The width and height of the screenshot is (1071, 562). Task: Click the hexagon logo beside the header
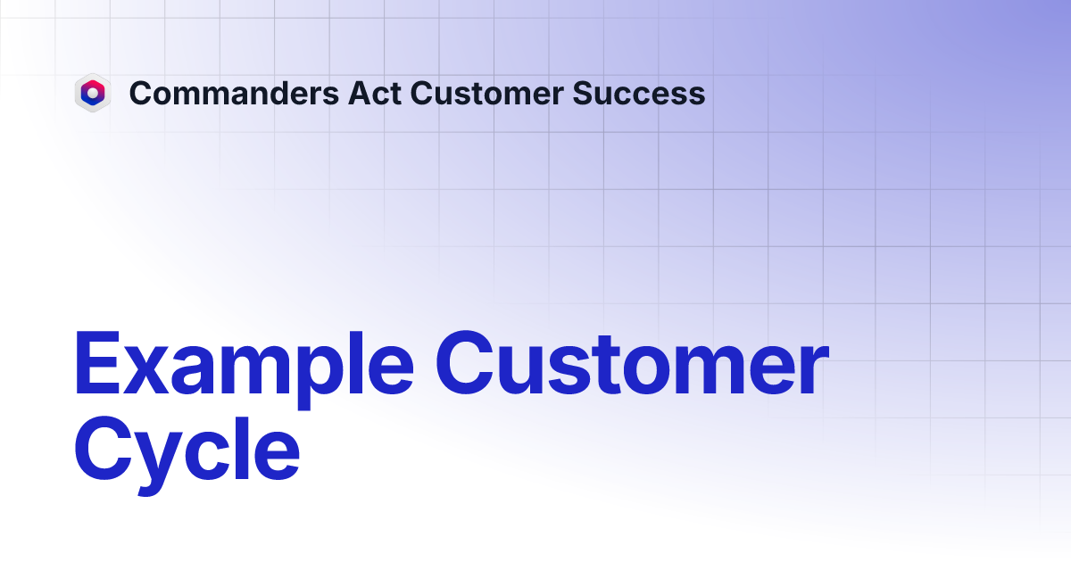click(x=92, y=93)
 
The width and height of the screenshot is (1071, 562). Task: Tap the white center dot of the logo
click(x=92, y=91)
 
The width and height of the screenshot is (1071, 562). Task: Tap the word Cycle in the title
click(x=187, y=451)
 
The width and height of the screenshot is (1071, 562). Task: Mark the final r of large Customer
click(x=812, y=373)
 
